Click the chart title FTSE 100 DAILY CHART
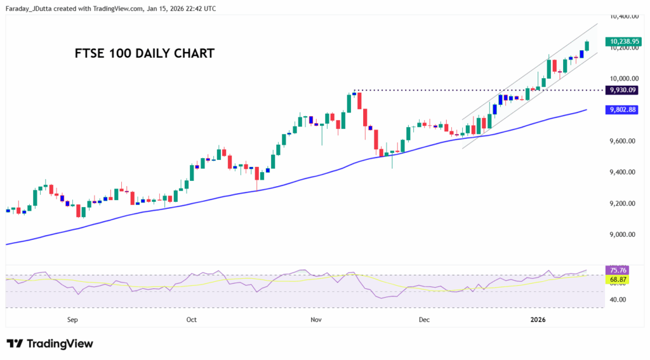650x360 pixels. pyautogui.click(x=144, y=53)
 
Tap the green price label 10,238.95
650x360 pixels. pyautogui.click(x=625, y=41)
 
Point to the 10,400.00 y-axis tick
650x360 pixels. pyautogui.click(x=623, y=17)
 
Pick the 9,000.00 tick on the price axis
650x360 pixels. pyautogui.click(x=623, y=235)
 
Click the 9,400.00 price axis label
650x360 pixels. pyautogui.click(x=623, y=172)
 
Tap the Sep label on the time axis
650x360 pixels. pyautogui.click(x=72, y=320)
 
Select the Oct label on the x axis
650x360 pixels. pyautogui.click(x=191, y=320)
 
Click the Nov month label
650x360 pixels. pyautogui.click(x=315, y=320)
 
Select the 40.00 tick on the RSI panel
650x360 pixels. pyautogui.click(x=618, y=300)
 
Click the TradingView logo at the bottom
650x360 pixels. pyautogui.click(x=50, y=343)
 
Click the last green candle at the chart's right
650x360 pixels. pyautogui.click(x=587, y=46)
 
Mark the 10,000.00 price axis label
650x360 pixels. pyautogui.click(x=623, y=79)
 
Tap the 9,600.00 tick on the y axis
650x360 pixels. pyautogui.click(x=623, y=141)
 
